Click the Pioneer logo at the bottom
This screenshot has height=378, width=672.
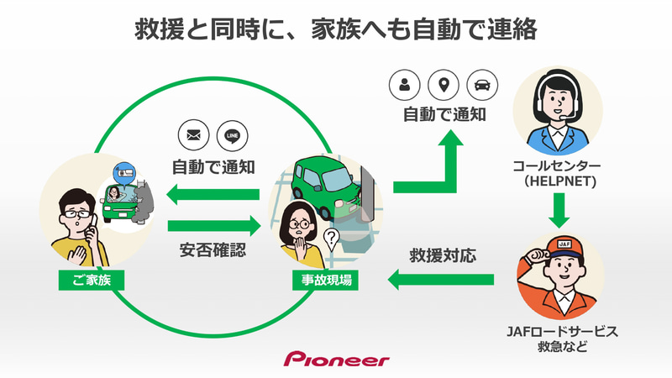coord(336,360)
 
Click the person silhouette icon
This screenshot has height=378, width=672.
coord(405,85)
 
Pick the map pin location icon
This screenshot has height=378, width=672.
coord(443,85)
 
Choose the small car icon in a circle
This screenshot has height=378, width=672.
coord(482,85)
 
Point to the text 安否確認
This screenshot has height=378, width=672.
coord(213,249)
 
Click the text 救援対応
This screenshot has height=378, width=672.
coord(443,254)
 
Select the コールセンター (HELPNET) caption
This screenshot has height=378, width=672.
coord(559,172)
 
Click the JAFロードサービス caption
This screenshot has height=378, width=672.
coord(559,331)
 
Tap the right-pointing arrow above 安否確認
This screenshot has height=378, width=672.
coord(214,225)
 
